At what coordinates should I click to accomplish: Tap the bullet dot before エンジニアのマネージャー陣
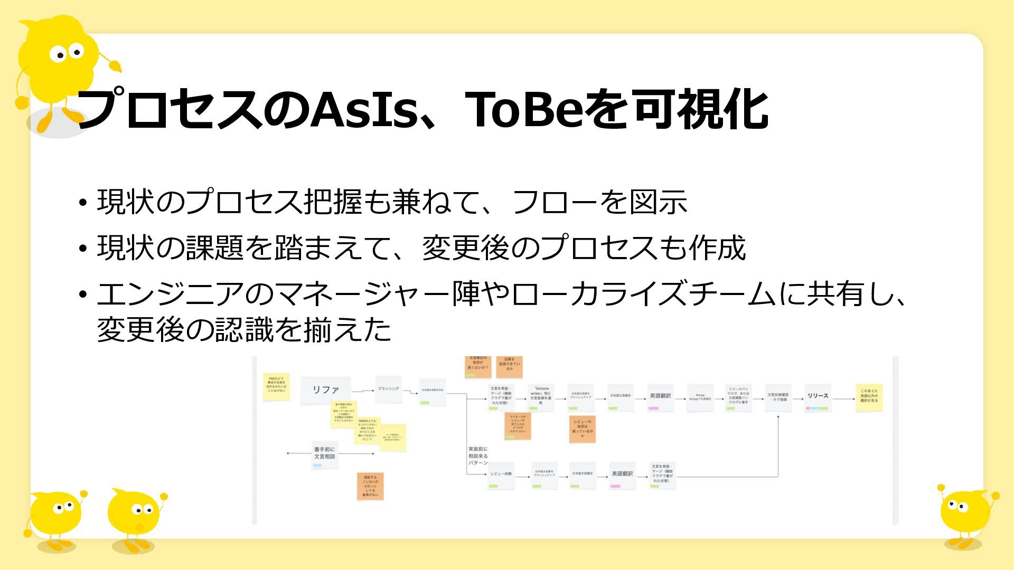coord(82,294)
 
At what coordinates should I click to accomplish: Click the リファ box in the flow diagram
coord(325,390)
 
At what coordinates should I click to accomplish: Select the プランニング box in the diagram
coord(388,389)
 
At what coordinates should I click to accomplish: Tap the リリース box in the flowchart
coord(818,397)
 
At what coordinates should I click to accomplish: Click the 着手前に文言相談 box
coord(324,454)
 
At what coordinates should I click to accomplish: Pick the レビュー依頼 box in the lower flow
coord(500,474)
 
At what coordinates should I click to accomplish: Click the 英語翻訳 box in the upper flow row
coord(660,397)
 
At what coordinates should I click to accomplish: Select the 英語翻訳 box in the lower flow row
coord(622,474)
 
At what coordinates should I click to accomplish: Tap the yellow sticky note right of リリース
coord(869,397)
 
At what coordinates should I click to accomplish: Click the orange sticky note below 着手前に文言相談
coord(370,486)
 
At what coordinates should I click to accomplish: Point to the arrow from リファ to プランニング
coord(363,391)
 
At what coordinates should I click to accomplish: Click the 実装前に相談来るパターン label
coord(478,456)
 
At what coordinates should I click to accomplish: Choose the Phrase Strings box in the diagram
coord(700,397)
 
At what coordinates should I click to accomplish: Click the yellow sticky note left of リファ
coord(276,387)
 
